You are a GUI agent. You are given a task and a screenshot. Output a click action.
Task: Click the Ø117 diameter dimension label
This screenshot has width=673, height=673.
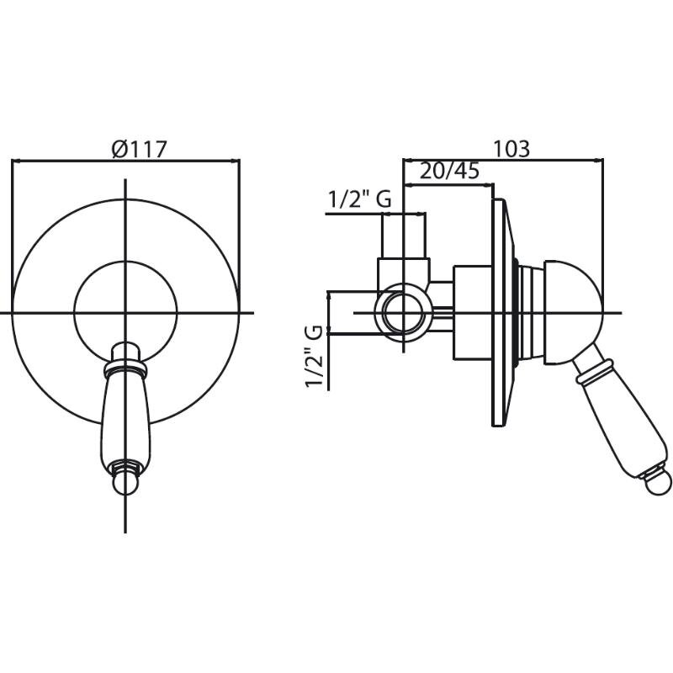coord(139,150)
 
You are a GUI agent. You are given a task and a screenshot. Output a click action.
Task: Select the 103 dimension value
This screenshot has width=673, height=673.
coord(511,149)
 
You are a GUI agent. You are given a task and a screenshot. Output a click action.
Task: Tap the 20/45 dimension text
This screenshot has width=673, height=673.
coord(449,171)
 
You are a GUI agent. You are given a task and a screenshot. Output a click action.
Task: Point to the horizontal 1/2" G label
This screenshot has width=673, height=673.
coord(360,199)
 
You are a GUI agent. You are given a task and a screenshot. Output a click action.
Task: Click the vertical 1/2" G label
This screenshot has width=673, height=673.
coord(314,357)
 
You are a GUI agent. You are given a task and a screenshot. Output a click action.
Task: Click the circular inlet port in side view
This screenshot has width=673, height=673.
coord(403,312)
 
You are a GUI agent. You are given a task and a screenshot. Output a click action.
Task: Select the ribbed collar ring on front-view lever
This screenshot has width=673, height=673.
coord(125,367)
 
